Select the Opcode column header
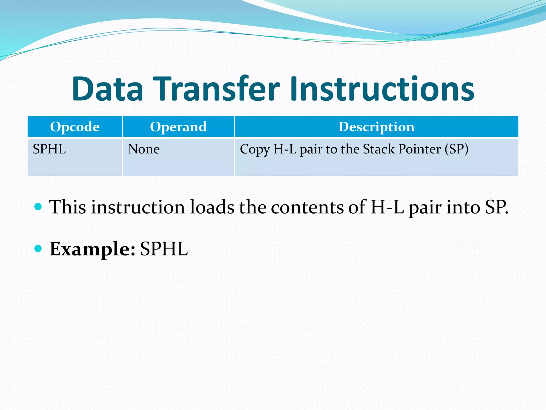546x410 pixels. [x=75, y=127]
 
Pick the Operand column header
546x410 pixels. [x=178, y=127]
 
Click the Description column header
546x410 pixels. [x=376, y=127]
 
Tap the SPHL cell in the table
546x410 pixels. [x=49, y=149]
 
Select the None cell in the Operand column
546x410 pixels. [x=144, y=149]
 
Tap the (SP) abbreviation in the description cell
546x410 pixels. [x=456, y=149]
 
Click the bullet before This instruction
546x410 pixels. [x=38, y=207]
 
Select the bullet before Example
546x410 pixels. [x=38, y=249]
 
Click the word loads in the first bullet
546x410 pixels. [x=212, y=207]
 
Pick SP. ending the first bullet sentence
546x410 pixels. [x=497, y=207]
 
